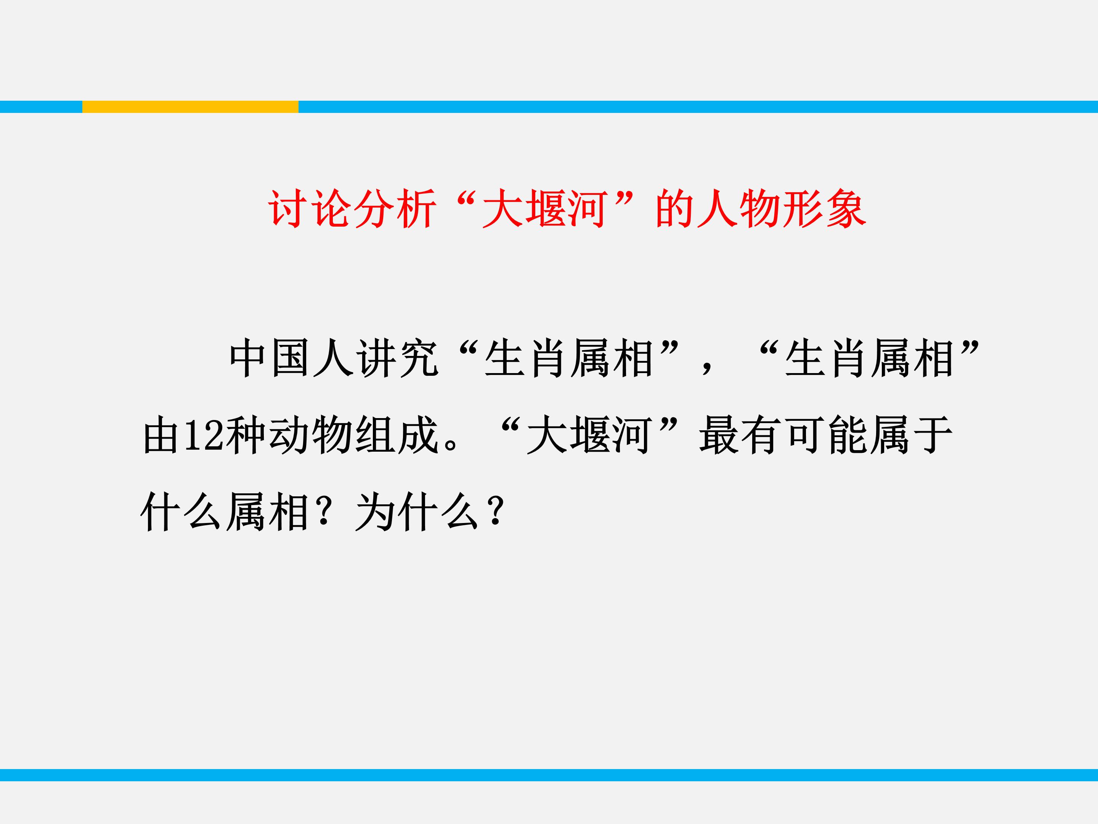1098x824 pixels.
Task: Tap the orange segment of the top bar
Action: tap(190, 107)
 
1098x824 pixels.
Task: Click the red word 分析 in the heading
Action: tap(395, 209)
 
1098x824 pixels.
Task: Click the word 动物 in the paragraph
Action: tap(311, 436)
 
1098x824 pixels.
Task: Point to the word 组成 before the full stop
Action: tap(398, 436)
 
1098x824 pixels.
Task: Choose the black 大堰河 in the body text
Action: tap(589, 436)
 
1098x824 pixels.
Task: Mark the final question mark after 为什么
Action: tap(496, 512)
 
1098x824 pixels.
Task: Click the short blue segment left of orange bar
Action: tap(41, 107)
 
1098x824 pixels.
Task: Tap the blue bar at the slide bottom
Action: tap(549, 775)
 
